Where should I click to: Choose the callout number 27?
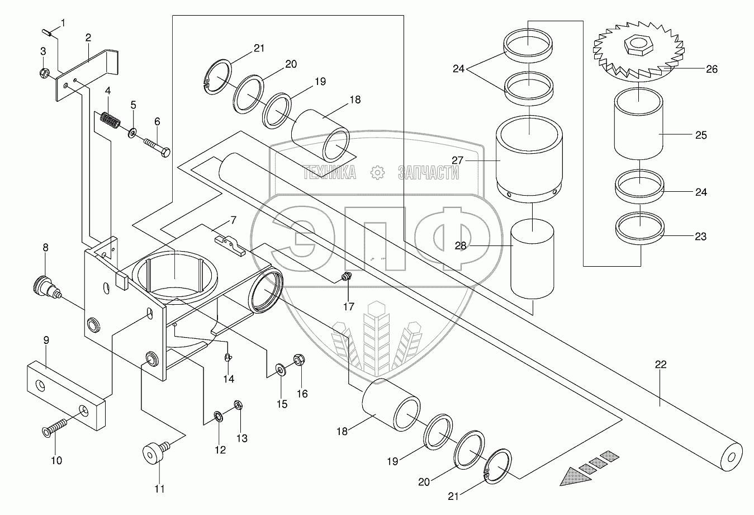458,160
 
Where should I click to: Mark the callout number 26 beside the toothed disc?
712,69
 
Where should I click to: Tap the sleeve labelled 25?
638,126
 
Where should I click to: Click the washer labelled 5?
133,133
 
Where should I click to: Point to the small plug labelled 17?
347,275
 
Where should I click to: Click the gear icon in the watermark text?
377,173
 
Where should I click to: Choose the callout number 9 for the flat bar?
46,355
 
